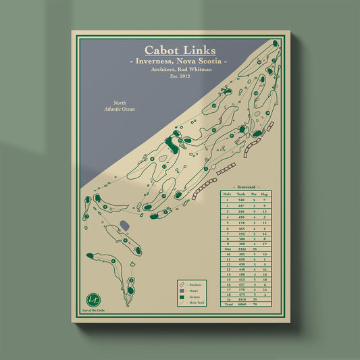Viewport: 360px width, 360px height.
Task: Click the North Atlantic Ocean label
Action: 120,105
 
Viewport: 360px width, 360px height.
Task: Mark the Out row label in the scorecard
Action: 228,250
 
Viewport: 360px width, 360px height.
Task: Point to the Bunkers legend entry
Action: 195,286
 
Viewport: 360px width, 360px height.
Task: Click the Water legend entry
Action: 194,292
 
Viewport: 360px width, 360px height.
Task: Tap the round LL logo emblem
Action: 92,299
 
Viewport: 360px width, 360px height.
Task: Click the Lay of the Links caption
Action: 92,310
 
